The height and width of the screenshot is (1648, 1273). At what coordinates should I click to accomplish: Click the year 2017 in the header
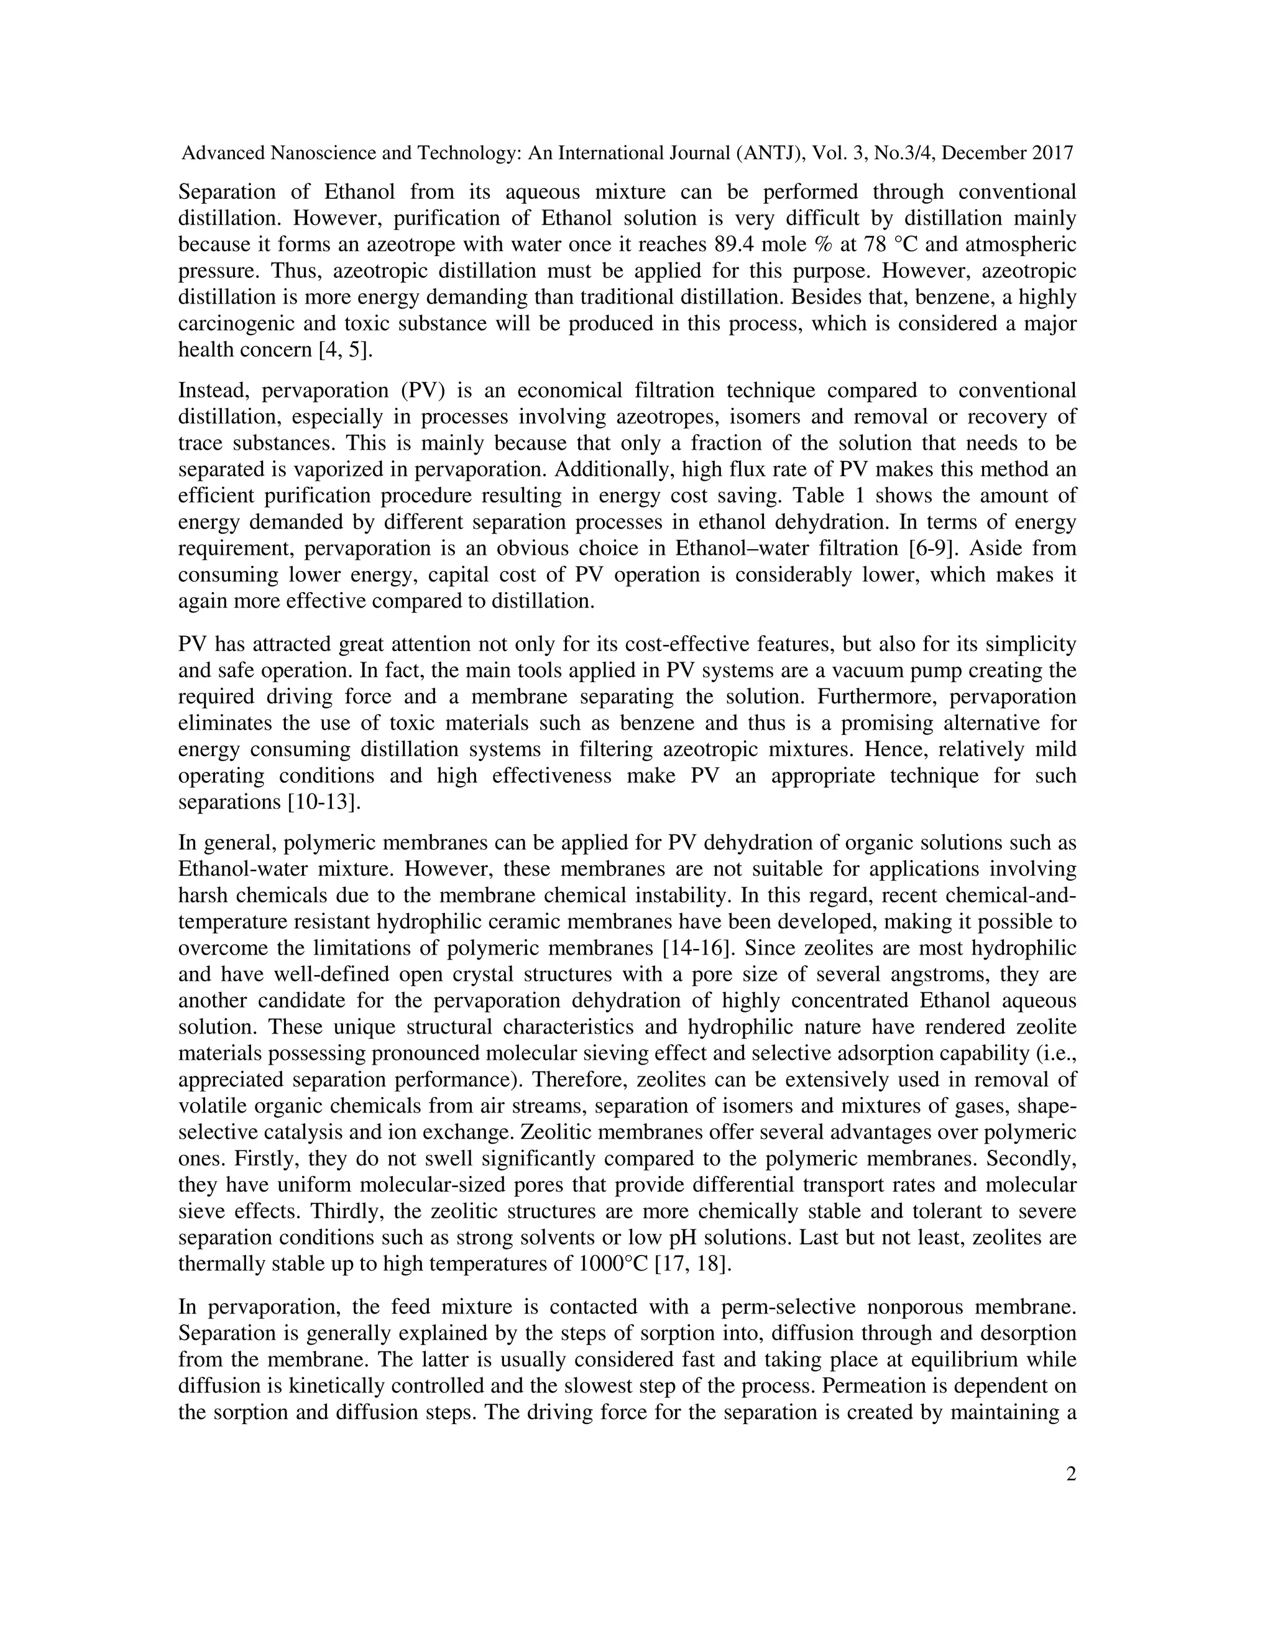click(x=1052, y=153)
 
